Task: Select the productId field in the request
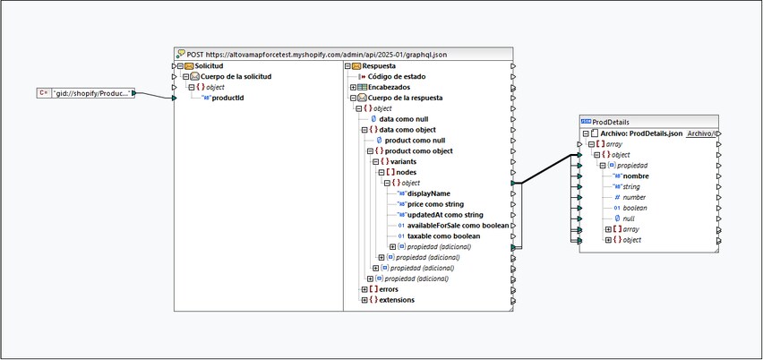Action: tap(228, 98)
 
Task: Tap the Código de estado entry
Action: tap(397, 76)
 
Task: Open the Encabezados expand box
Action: tap(353, 87)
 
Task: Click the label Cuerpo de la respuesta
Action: tap(406, 98)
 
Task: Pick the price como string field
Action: tap(435, 204)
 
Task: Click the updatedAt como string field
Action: tap(445, 215)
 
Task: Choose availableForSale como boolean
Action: tap(458, 226)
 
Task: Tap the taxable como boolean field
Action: tap(444, 236)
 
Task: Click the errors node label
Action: tap(389, 289)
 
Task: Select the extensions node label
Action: tap(397, 300)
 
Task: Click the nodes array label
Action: tap(407, 172)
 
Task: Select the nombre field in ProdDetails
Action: tap(636, 176)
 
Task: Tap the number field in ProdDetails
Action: tap(635, 198)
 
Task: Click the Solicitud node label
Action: tap(209, 65)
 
